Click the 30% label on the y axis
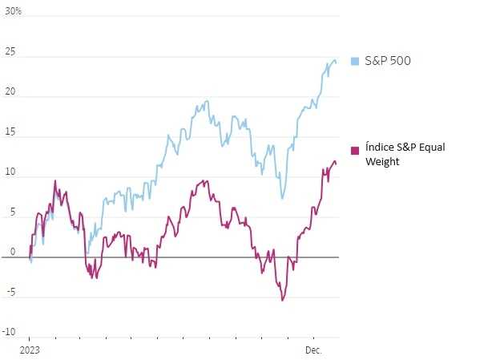tap(14, 11)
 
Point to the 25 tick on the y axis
tap(10, 52)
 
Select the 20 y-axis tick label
tap(10, 92)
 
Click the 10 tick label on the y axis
tap(10, 172)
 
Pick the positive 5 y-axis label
tap(12, 212)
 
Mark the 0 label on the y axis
tap(12, 252)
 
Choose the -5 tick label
tap(10, 292)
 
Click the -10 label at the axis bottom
tap(9, 332)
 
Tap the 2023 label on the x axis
tap(29, 350)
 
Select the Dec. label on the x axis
tap(313, 350)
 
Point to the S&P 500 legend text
tap(388, 61)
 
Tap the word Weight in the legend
tap(382, 161)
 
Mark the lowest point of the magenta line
tap(282, 301)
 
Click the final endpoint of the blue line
tap(336, 62)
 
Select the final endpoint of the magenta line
tap(336, 164)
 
